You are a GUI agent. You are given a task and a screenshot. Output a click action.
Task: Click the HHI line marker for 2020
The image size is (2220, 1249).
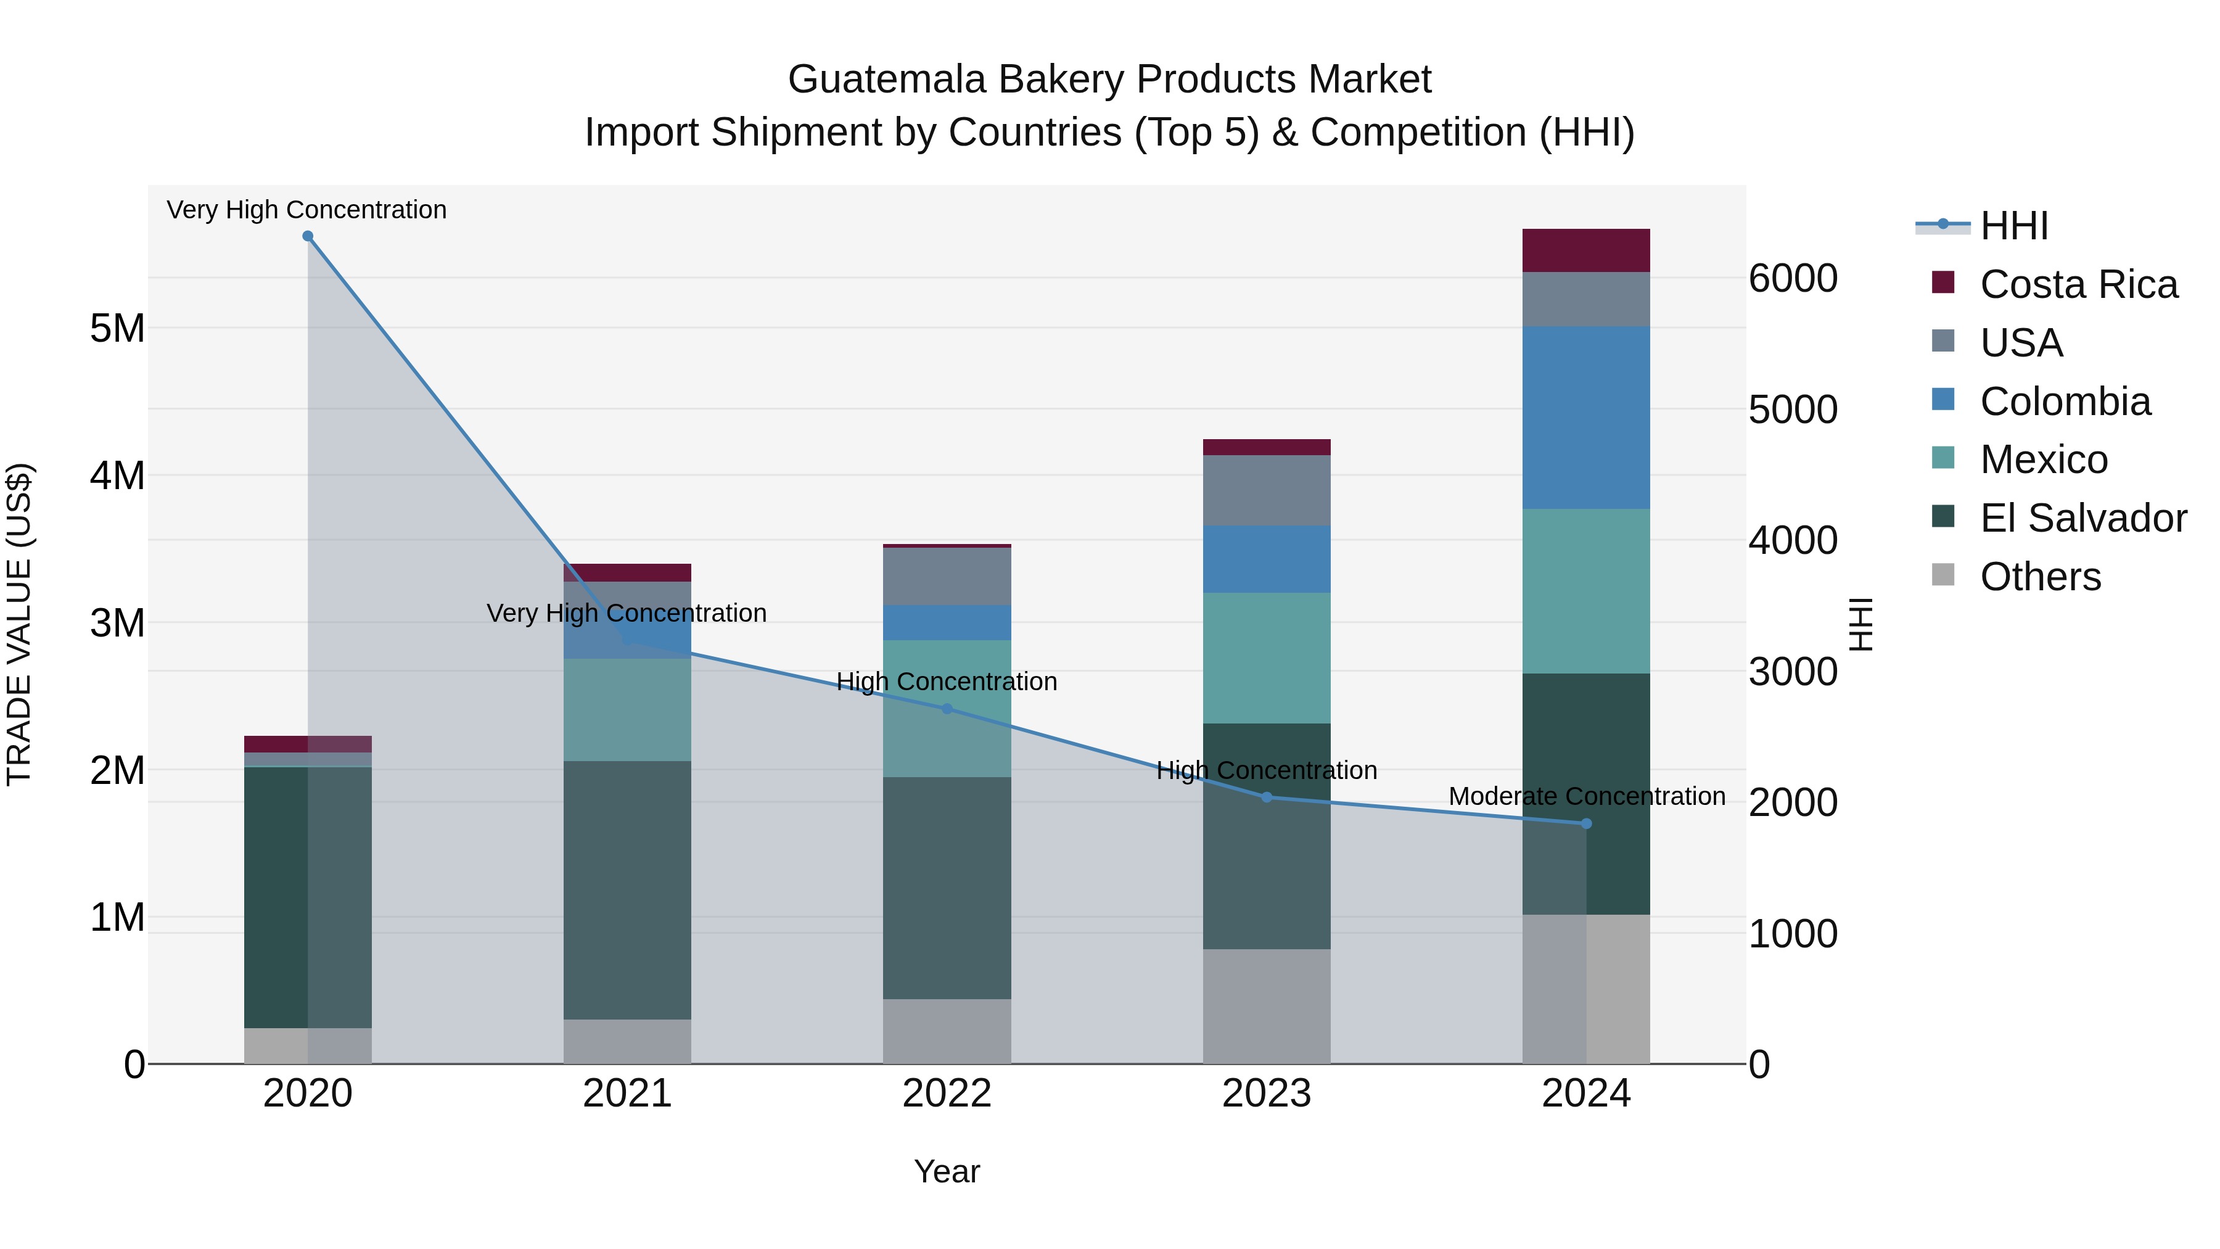(308, 236)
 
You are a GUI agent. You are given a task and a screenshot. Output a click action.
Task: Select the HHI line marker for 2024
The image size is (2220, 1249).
(1585, 824)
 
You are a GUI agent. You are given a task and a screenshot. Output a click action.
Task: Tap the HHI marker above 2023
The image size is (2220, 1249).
(1266, 798)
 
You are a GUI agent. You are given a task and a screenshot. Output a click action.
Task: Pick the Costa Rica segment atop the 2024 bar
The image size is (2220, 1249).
(1585, 250)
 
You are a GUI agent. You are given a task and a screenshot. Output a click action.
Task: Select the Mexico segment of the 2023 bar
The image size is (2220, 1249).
(1266, 657)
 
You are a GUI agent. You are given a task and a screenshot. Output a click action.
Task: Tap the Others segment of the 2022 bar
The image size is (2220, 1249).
(946, 1031)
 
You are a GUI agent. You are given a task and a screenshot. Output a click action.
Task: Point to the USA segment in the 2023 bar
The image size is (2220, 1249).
(1266, 490)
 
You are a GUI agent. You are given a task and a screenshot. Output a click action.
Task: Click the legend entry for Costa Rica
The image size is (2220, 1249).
(2078, 284)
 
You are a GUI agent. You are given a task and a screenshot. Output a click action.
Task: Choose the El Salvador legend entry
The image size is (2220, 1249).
(2082, 518)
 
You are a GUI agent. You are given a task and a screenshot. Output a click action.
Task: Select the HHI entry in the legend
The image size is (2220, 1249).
(2013, 226)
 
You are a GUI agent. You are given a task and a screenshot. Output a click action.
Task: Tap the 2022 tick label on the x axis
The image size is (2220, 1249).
(946, 1094)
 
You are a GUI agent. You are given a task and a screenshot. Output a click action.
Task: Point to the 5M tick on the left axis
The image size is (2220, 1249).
(117, 328)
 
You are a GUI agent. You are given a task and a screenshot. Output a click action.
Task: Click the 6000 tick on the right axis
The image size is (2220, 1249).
(1793, 278)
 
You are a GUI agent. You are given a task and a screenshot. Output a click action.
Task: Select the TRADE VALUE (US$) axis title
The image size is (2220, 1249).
(19, 624)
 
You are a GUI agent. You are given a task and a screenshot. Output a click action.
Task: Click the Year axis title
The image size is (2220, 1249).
(946, 1171)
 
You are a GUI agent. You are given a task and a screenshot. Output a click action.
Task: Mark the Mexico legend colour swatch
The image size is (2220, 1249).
(1943, 458)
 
